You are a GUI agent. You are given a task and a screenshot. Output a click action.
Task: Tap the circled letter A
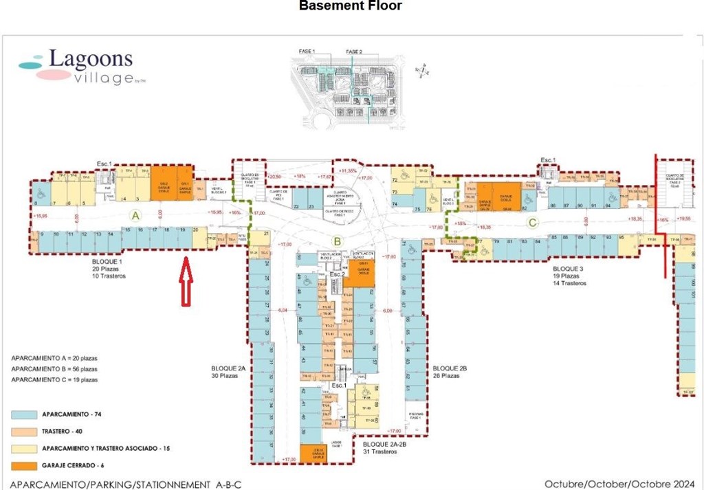coord(135,216)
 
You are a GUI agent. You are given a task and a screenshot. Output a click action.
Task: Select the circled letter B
coord(337,241)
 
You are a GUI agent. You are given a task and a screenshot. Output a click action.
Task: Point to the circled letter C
coord(532,222)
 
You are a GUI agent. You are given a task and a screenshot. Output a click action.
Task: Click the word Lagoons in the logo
coord(91,60)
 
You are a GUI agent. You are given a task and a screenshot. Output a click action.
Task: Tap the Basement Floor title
coord(351,7)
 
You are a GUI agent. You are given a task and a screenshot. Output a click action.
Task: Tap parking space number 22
coord(297,205)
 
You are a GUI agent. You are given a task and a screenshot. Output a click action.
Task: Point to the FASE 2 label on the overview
coord(354,52)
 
